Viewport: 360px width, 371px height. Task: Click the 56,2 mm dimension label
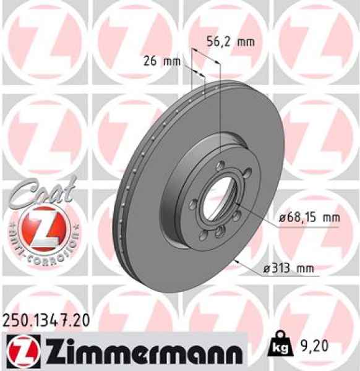coord(229,42)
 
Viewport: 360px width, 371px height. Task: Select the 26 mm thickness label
coord(158,61)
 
